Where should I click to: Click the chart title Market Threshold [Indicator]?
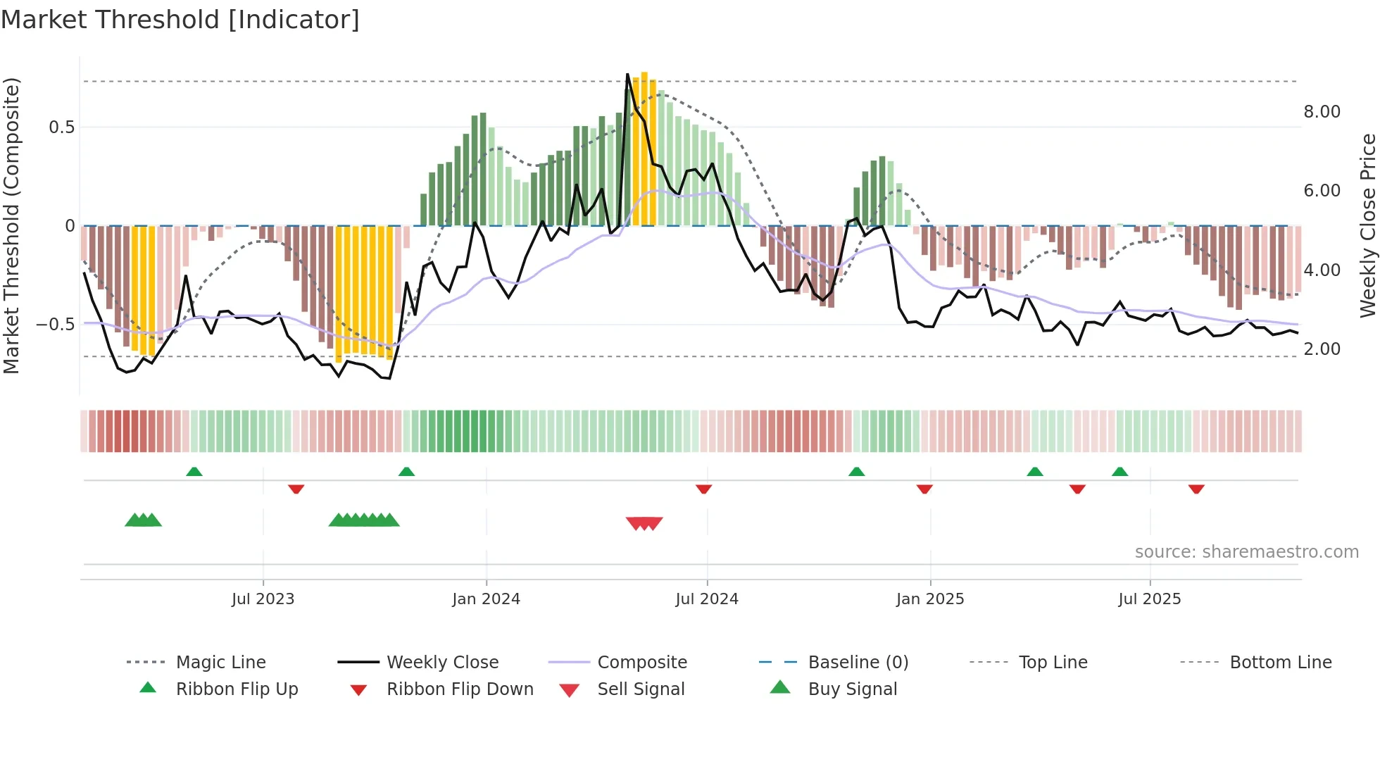click(180, 20)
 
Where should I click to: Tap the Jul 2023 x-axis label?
click(263, 599)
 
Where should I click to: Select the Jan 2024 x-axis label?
click(486, 599)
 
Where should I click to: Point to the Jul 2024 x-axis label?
click(707, 599)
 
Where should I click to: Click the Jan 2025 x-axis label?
click(930, 599)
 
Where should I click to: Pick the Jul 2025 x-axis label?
click(1150, 599)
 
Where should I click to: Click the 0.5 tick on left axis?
click(61, 127)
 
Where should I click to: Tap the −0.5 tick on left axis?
click(56, 325)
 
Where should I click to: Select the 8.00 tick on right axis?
click(1322, 112)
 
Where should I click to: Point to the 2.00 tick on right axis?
click(1322, 349)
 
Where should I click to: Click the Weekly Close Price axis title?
click(1367, 225)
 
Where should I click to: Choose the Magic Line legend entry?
click(220, 663)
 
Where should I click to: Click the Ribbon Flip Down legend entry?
click(460, 689)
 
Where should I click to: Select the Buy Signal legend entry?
click(852, 689)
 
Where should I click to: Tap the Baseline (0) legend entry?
click(858, 663)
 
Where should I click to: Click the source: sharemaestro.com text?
click(1246, 552)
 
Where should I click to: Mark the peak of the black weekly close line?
click(627, 75)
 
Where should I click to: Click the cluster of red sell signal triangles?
click(644, 523)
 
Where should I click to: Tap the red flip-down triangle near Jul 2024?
click(703, 489)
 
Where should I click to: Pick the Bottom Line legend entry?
click(1280, 663)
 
